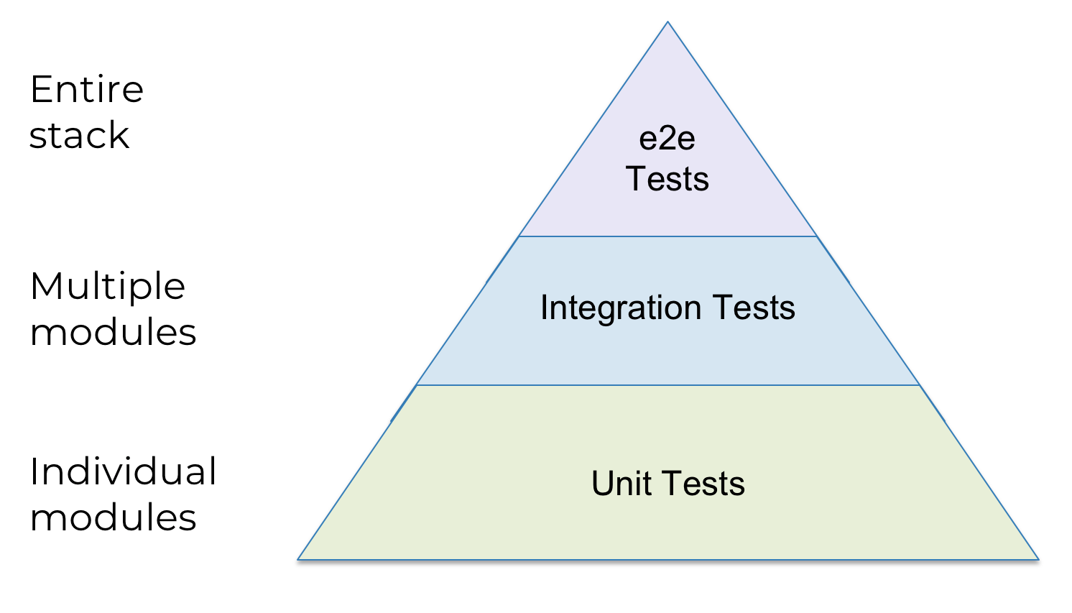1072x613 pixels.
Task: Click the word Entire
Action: [87, 89]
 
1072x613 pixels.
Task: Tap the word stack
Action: [80, 135]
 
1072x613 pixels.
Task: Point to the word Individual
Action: [124, 471]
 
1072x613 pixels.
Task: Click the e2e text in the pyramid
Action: [667, 139]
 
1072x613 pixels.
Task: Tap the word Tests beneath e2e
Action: [667, 179]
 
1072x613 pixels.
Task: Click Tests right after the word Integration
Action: [754, 307]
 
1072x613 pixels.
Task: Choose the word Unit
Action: [622, 483]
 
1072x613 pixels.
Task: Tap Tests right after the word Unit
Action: [703, 483]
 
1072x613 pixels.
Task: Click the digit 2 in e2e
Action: [667, 138]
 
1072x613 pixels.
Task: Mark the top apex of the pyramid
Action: [667, 22]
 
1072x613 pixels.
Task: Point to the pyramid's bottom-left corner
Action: [297, 559]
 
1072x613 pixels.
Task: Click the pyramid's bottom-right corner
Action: [1039, 559]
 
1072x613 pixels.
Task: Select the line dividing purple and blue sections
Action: [667, 236]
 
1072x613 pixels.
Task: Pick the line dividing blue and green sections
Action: [667, 384]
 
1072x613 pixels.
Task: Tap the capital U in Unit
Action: [604, 483]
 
